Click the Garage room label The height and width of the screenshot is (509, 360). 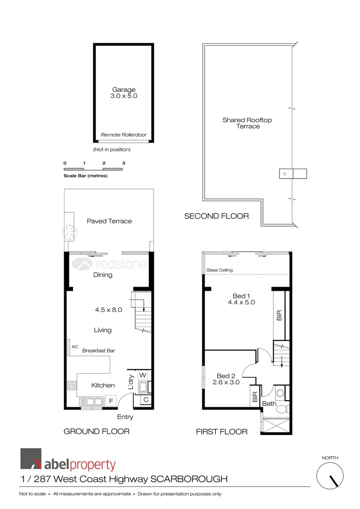point(123,90)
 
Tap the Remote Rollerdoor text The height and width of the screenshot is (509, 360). point(123,135)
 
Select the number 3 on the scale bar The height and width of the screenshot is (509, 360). point(123,163)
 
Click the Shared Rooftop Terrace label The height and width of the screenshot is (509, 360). point(247,123)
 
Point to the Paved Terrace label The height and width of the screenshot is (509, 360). point(109,221)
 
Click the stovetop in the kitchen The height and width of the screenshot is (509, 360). point(72,386)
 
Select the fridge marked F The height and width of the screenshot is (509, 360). point(111,402)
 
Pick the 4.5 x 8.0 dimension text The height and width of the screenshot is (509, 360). point(108,310)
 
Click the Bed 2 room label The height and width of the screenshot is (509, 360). point(226,376)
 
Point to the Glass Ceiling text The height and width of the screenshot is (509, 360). point(220,270)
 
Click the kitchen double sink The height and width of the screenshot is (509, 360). point(91,402)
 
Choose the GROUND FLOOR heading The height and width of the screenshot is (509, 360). point(97,431)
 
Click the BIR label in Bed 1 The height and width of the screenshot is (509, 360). point(279,315)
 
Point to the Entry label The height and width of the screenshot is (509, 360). point(125,417)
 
